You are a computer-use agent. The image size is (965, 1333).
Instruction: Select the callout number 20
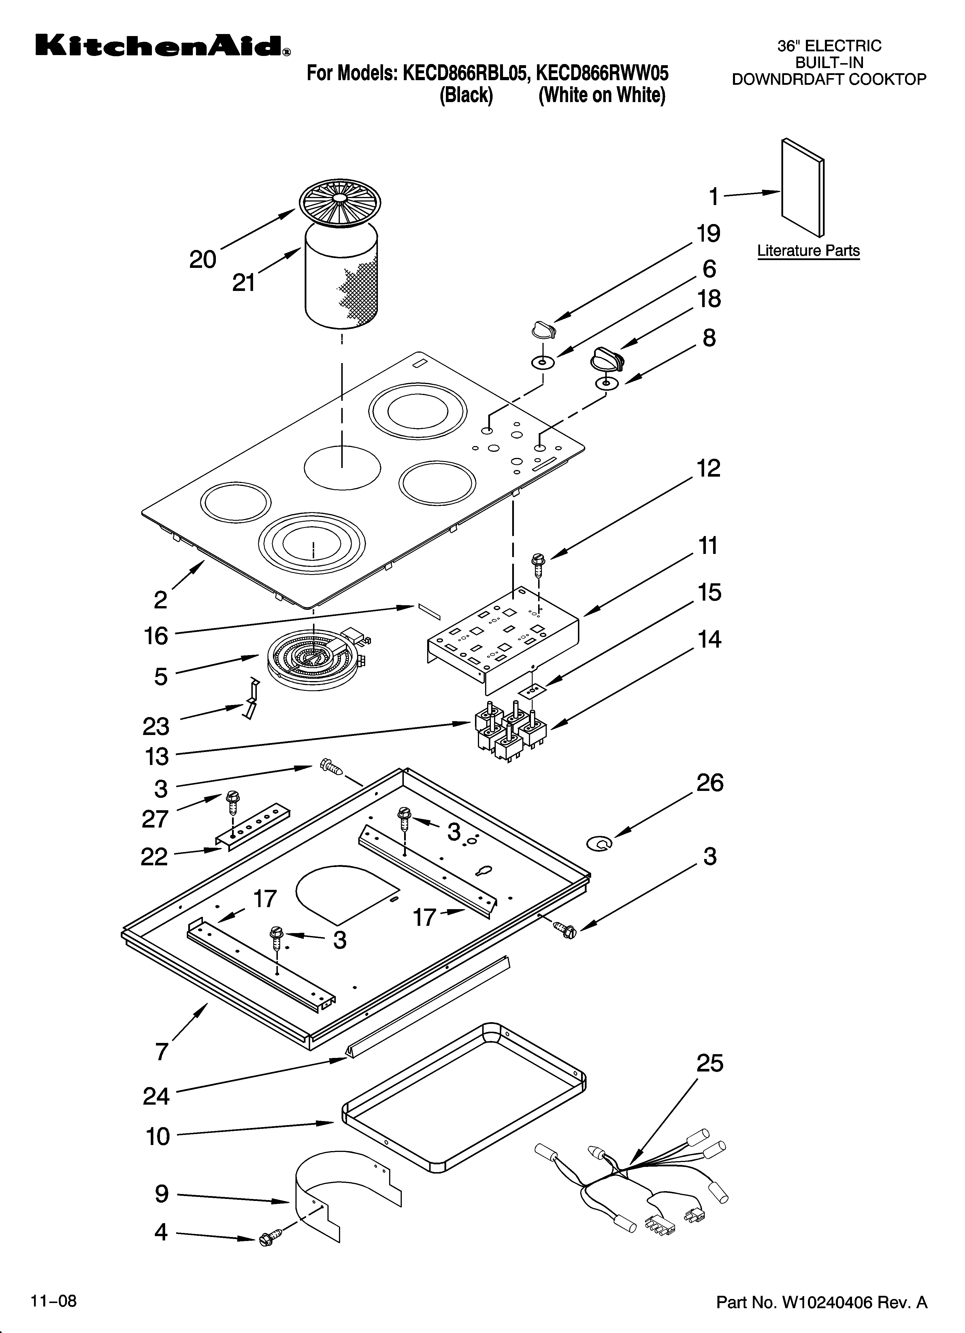click(x=203, y=259)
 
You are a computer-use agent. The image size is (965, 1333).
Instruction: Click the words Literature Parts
click(x=808, y=251)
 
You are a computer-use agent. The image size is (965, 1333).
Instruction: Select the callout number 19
click(x=709, y=234)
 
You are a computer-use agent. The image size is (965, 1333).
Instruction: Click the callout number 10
click(x=157, y=1137)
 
